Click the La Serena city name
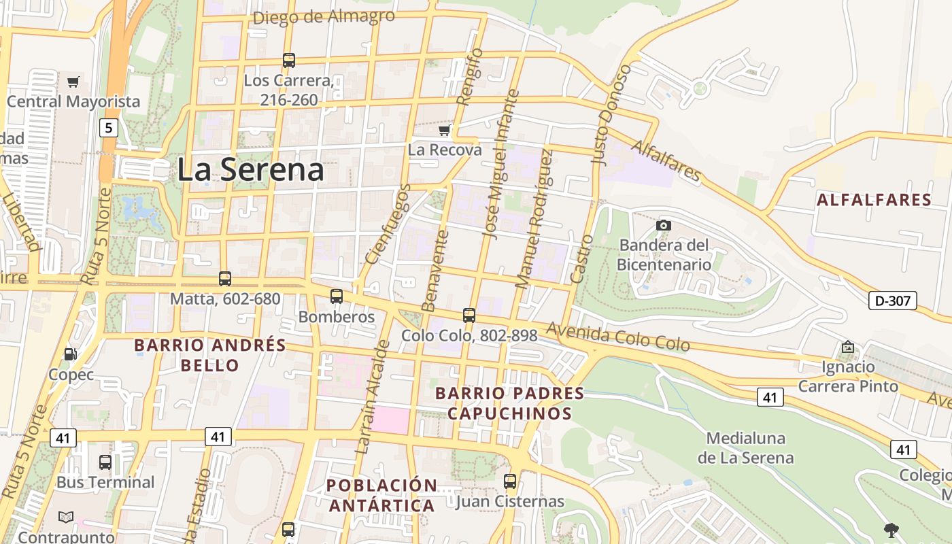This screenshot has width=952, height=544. (x=250, y=169)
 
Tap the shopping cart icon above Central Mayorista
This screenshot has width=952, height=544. (x=73, y=82)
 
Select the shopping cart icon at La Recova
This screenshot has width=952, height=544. (x=445, y=130)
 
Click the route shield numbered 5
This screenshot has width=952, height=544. (x=107, y=127)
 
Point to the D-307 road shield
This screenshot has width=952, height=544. (x=892, y=301)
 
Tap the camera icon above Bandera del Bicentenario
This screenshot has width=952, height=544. (x=664, y=225)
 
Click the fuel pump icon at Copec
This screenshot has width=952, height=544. (x=70, y=354)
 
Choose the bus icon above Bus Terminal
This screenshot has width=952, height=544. (x=105, y=462)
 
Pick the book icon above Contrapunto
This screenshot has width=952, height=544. (x=66, y=517)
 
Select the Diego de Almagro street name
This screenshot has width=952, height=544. (x=323, y=16)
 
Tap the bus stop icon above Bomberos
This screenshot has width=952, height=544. (x=337, y=296)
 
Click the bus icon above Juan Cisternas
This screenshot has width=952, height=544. (x=510, y=481)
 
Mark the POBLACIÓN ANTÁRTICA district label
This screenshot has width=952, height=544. (x=381, y=495)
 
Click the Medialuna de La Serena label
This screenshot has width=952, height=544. (x=745, y=447)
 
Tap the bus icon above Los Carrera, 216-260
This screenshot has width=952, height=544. (x=289, y=61)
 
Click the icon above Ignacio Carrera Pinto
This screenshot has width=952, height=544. (x=847, y=347)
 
